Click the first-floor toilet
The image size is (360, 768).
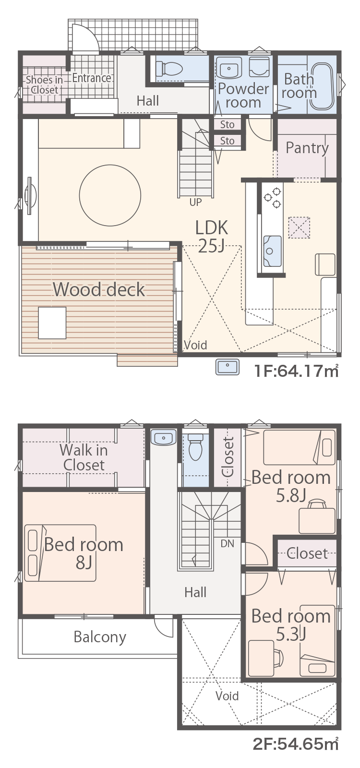pos(168,69)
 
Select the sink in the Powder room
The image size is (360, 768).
pos(228,68)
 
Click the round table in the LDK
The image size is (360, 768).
pos(110,195)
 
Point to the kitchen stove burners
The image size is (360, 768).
pos(272,198)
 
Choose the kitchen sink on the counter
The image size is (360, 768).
pos(272,251)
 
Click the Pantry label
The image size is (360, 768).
pos(307,148)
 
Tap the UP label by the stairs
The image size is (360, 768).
pos(195,202)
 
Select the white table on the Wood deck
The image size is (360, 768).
pos(52,323)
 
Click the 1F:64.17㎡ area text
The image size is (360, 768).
pos(297,371)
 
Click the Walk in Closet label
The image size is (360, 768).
pos(84,457)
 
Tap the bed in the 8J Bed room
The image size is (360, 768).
pos(60,552)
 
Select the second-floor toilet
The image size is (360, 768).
pos(195,447)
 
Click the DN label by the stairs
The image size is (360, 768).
pos(228,543)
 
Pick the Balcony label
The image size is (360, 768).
pos(100,637)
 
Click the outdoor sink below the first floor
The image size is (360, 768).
pos(228,367)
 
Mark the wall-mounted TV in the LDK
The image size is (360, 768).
pos(30,196)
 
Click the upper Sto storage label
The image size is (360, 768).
pos(228,124)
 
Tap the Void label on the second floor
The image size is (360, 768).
pos(227,696)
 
